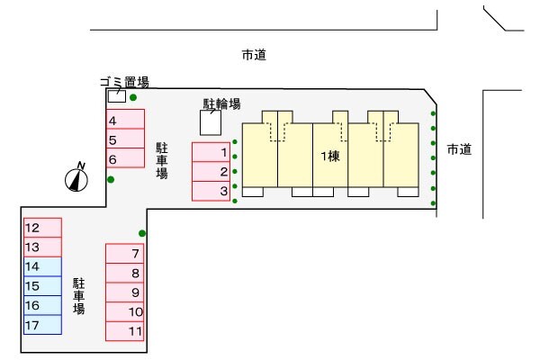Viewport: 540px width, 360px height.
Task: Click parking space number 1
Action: click(212, 152)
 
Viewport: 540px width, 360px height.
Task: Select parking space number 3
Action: click(212, 191)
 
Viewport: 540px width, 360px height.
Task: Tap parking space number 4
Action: click(125, 120)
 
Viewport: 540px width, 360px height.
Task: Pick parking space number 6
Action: click(125, 159)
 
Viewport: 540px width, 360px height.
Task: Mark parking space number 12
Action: click(42, 228)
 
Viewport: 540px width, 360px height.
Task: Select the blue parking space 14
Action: click(42, 266)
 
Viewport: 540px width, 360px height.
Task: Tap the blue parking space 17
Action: click(42, 325)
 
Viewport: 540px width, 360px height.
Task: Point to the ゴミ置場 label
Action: click(124, 82)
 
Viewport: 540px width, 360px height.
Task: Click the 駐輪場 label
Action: click(221, 104)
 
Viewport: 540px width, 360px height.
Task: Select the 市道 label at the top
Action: click(254, 56)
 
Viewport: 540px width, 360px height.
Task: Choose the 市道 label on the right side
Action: click(459, 149)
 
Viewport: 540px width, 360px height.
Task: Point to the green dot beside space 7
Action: click(143, 234)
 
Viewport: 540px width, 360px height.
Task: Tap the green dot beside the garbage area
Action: click(133, 97)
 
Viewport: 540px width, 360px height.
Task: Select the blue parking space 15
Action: click(42, 286)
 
